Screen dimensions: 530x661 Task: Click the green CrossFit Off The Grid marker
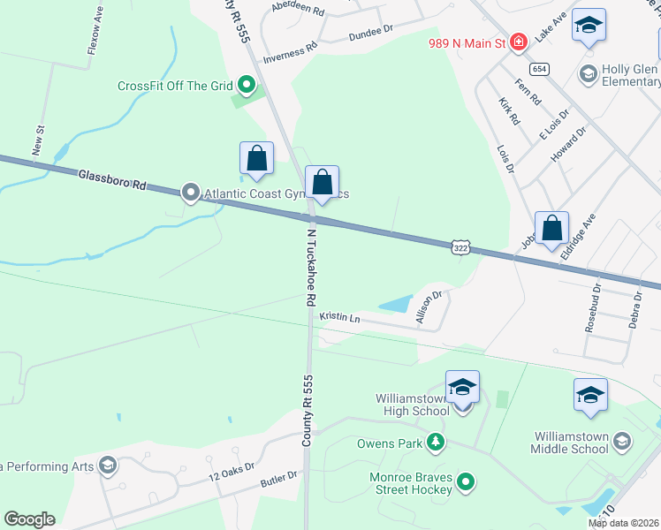pyautogui.click(x=247, y=86)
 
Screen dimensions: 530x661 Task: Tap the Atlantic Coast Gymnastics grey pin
pyautogui.click(x=190, y=192)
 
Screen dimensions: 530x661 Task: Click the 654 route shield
pyautogui.click(x=538, y=68)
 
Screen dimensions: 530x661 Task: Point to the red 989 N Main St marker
pyautogui.click(x=519, y=42)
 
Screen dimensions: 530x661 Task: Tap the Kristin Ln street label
pyautogui.click(x=340, y=317)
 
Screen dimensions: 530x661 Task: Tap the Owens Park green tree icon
pyautogui.click(x=434, y=441)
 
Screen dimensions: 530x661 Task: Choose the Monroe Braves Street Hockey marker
pyautogui.click(x=466, y=481)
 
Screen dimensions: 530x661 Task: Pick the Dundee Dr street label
pyautogui.click(x=370, y=31)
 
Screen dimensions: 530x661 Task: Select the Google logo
pyautogui.click(x=29, y=519)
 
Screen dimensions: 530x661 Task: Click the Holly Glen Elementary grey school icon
pyautogui.click(x=589, y=75)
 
